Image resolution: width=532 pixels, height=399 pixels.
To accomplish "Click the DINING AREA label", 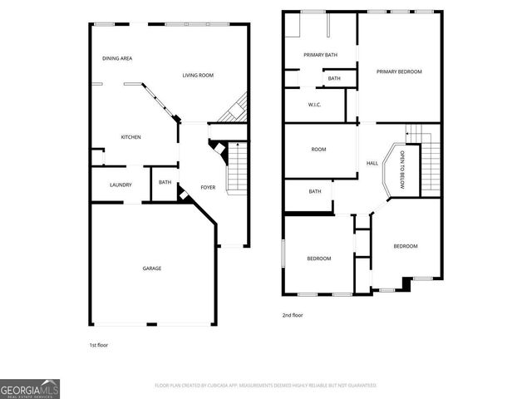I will pos(117,58).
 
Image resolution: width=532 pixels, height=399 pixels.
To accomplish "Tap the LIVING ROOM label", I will pos(198,76).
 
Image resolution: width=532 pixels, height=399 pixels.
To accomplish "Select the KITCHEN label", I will pos(131,137).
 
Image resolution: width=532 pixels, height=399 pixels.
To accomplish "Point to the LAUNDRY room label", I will pos(121,185).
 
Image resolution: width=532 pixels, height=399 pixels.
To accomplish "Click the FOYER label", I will pos(208,187).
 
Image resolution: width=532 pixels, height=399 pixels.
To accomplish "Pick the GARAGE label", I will pos(151,268).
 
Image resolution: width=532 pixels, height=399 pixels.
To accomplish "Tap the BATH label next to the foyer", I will pos(165,183).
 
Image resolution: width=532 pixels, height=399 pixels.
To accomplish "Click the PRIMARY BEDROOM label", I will pos(399,71).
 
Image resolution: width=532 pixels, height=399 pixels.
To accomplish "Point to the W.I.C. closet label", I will pos(314,105).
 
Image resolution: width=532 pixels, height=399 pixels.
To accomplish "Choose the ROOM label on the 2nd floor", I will pos(318,150).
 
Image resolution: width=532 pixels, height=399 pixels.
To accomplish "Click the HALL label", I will pos(372,163).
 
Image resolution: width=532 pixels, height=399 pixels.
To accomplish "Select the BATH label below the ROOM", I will pos(315,191).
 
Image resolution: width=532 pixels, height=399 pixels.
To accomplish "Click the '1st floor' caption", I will pos(98,344).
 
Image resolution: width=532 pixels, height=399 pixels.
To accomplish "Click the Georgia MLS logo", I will pos(30,388).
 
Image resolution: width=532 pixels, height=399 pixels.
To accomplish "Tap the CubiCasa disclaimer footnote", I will pos(266,386).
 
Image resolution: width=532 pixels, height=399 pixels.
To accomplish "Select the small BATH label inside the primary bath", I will pos(333,78).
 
